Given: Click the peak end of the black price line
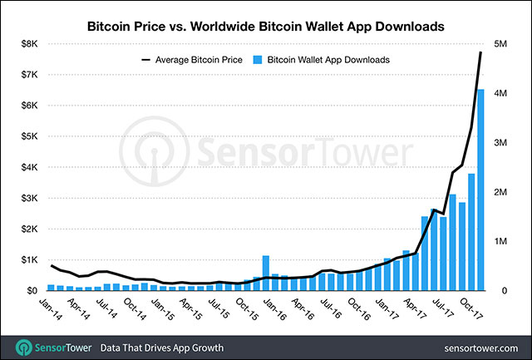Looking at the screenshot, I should tap(480, 53).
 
